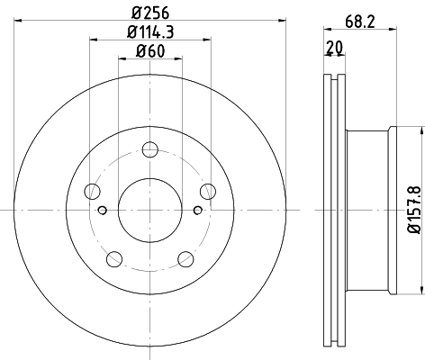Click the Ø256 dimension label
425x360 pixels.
click(150, 13)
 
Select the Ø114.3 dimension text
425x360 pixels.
click(150, 34)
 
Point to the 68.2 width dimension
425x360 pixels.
click(359, 13)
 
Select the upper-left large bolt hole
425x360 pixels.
click(93, 191)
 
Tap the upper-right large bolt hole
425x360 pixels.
click(208, 191)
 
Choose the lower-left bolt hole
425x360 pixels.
click(114, 259)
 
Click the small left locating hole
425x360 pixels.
click(103, 211)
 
